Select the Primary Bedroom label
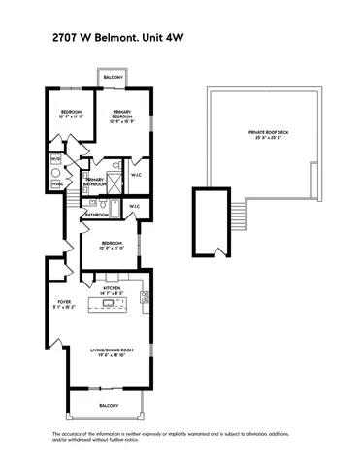click(x=120, y=115)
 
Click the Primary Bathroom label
click(x=95, y=180)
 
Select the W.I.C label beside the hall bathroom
click(x=135, y=206)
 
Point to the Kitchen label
click(x=111, y=288)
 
